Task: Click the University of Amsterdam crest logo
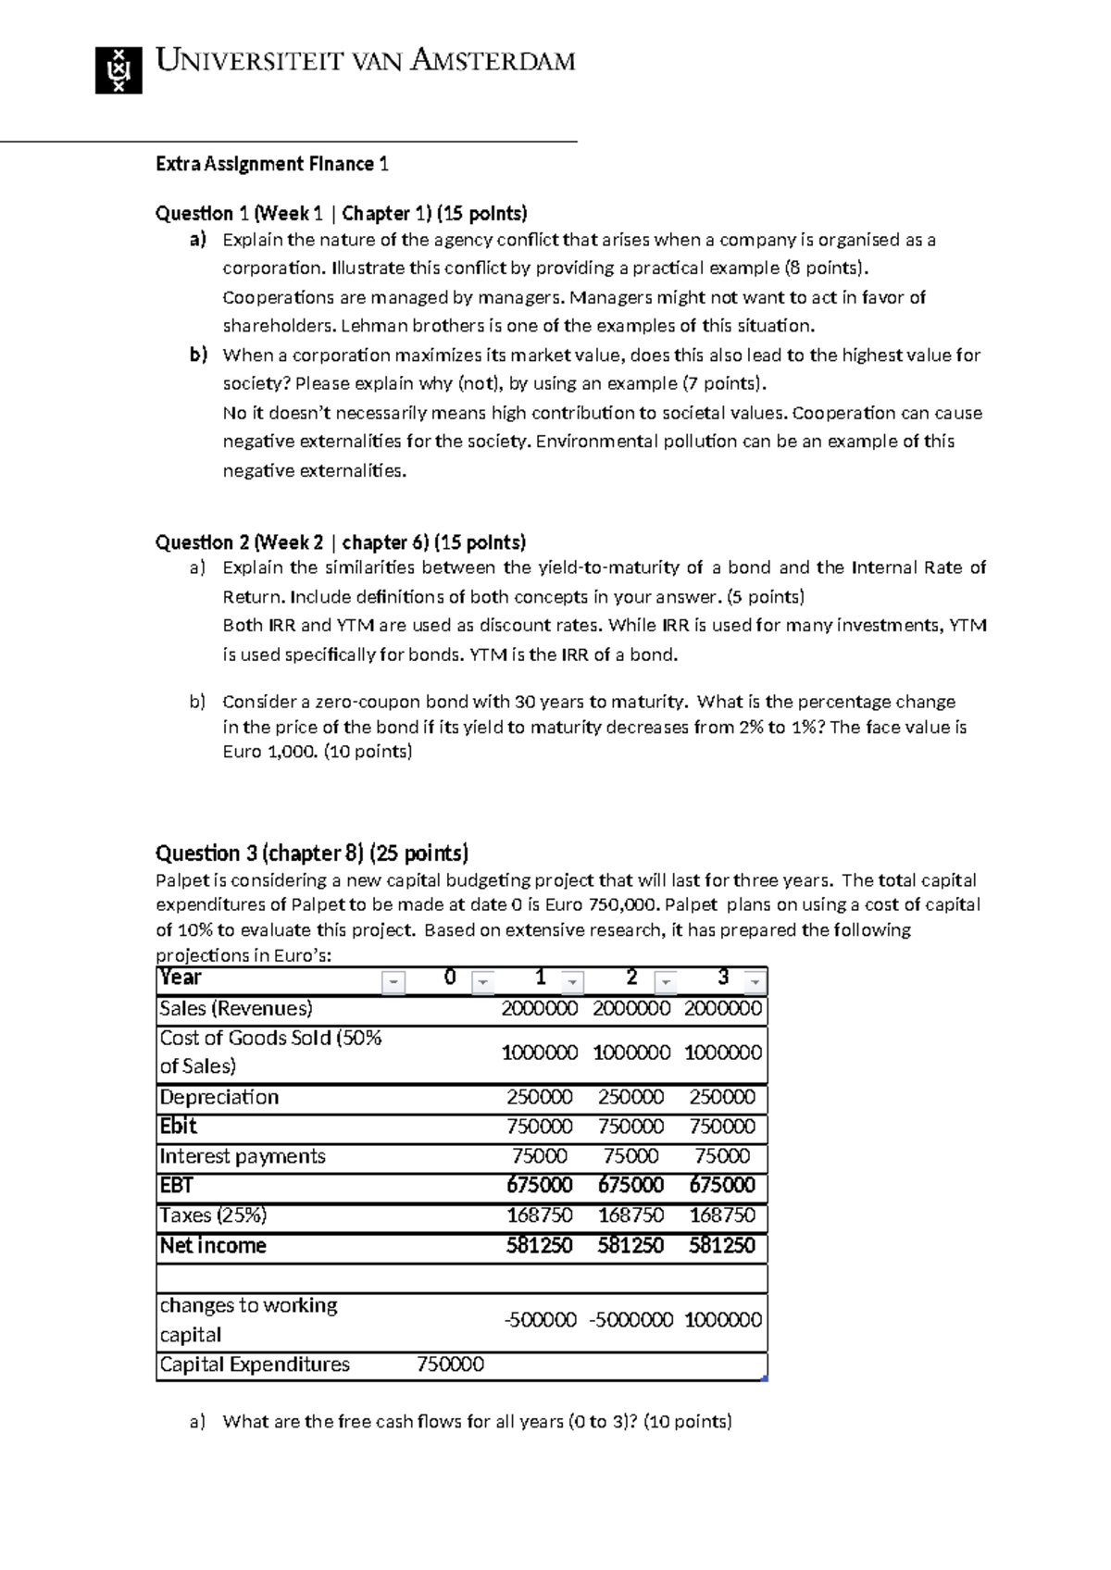click(119, 69)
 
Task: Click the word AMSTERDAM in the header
click(493, 62)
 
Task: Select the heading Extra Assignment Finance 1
click(272, 164)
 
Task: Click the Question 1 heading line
click(341, 214)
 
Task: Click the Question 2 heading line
click(340, 542)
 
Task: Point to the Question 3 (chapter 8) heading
click(312, 853)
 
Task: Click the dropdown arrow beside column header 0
click(483, 981)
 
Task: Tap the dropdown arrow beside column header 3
click(755, 981)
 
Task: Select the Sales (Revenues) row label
click(236, 1009)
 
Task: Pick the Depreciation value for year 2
click(630, 1098)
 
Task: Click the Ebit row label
click(179, 1127)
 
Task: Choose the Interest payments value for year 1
click(540, 1156)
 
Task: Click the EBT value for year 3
click(722, 1186)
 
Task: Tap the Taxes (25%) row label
click(213, 1215)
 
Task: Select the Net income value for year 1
click(540, 1246)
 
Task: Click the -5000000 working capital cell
click(630, 1320)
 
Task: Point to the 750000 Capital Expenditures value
click(451, 1364)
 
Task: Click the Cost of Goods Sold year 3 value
click(722, 1053)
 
